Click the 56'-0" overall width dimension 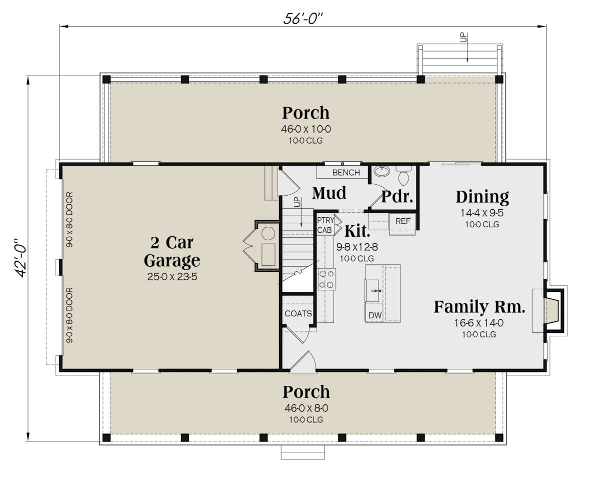[x=302, y=19]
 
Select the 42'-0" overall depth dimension [x=20, y=258]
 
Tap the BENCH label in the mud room [x=346, y=173]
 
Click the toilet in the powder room [x=403, y=175]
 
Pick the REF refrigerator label [x=403, y=221]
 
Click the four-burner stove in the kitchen [x=327, y=279]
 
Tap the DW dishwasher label [x=375, y=315]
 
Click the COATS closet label [x=298, y=314]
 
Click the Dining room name [x=482, y=197]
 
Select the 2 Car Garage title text [x=172, y=251]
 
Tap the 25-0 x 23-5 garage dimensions [x=172, y=277]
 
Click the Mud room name [x=329, y=193]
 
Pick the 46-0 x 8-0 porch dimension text [x=306, y=408]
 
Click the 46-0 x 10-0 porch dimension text [x=305, y=129]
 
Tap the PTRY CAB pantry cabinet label [x=325, y=225]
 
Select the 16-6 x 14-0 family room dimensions [x=478, y=323]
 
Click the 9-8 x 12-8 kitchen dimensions [x=357, y=247]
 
